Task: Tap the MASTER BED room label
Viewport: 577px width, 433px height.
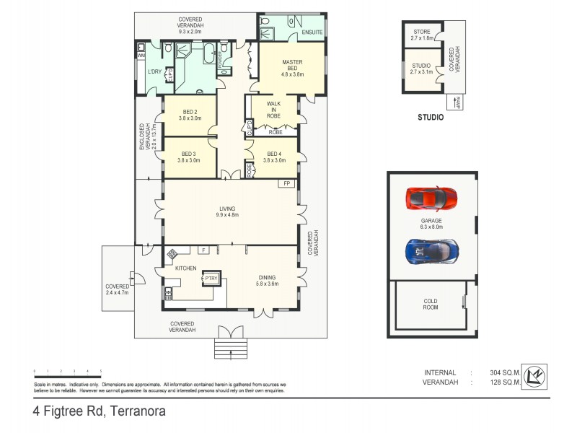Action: click(292, 68)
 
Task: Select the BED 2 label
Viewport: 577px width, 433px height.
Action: click(190, 115)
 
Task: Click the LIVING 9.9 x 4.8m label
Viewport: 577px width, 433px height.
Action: click(229, 211)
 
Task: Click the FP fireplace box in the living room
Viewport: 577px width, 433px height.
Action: click(286, 184)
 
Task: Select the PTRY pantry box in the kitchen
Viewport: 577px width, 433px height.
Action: click(211, 278)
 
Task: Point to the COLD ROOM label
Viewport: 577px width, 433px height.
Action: click(432, 304)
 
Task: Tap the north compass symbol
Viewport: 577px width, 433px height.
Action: click(534, 375)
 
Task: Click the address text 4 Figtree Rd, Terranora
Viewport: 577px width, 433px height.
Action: click(99, 413)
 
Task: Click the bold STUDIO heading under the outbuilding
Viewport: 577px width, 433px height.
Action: click(430, 117)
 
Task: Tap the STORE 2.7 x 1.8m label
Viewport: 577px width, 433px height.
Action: click(421, 35)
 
